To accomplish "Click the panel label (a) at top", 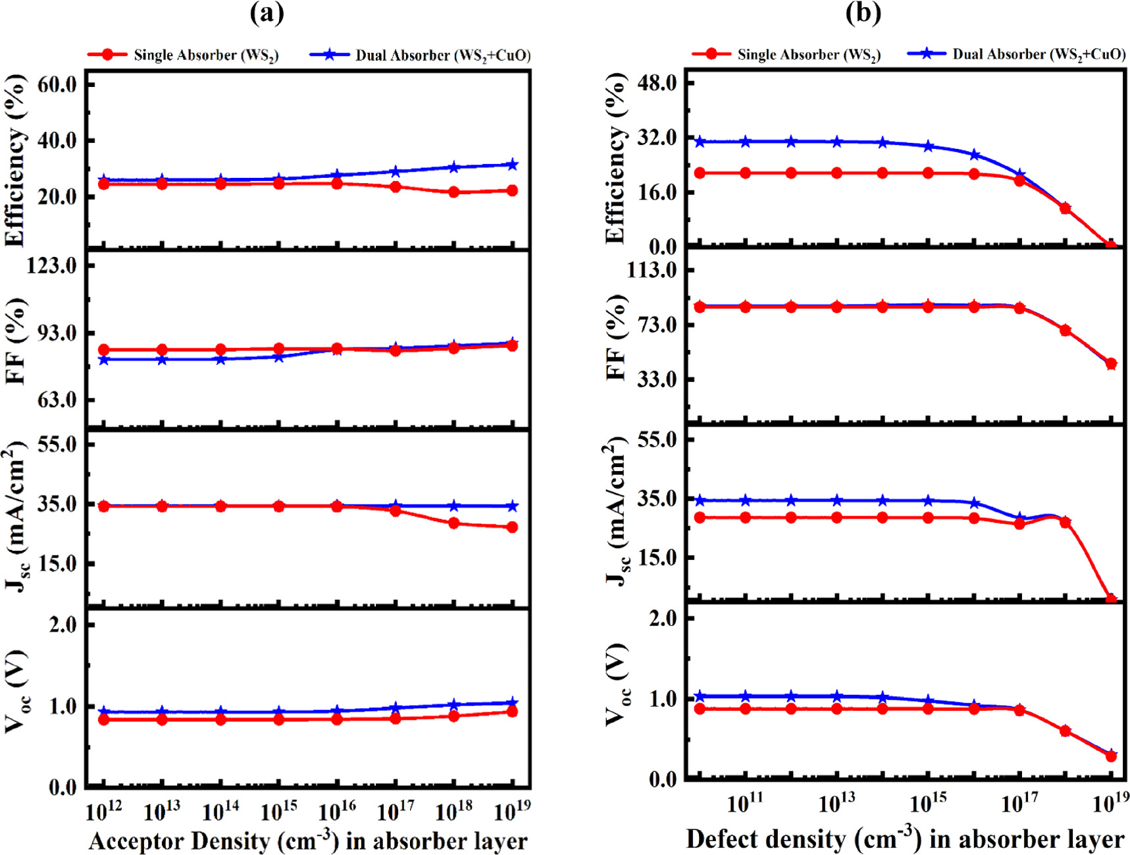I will [x=267, y=13].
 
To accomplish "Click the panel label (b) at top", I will [x=863, y=13].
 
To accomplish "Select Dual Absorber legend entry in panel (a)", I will [x=421, y=55].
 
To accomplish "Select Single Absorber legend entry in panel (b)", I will [x=787, y=55].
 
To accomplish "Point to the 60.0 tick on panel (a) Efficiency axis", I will [x=57, y=84].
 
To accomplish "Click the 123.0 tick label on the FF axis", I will [x=52, y=265].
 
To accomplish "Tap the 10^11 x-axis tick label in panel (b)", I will [x=745, y=803].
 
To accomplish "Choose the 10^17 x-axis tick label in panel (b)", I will [x=1019, y=803].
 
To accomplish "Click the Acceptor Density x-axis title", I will [x=308, y=841].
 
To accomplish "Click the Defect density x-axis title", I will [x=905, y=839].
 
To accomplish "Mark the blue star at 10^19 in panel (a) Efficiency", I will [x=512, y=165].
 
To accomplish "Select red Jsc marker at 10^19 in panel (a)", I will [x=512, y=527].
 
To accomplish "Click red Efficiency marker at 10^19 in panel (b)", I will [x=1111, y=246].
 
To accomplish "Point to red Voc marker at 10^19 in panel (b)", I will [x=1111, y=756].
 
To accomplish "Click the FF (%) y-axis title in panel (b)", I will [x=615, y=337].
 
